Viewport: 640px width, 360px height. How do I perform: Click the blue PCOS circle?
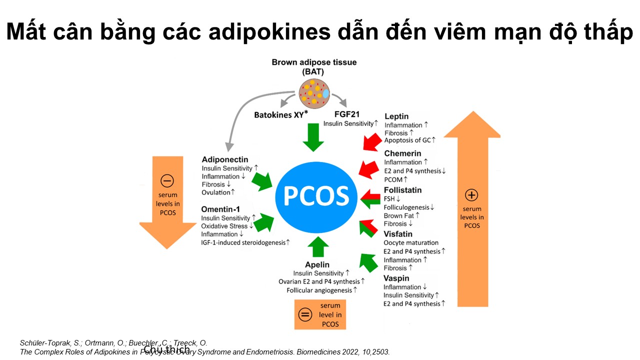click(x=316, y=195)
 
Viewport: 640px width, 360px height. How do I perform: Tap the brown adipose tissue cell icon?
click(x=314, y=93)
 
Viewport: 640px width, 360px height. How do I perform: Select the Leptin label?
click(x=396, y=116)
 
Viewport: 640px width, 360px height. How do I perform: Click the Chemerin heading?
click(x=402, y=153)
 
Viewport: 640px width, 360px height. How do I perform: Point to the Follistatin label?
click(x=402, y=190)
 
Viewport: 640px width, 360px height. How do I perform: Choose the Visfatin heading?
click(x=398, y=234)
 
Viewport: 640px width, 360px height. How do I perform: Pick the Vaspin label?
click(x=396, y=278)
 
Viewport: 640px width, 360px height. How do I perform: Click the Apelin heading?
click(x=317, y=264)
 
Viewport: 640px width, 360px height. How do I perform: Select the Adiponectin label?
click(x=225, y=159)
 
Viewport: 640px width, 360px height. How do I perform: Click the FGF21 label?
click(x=347, y=114)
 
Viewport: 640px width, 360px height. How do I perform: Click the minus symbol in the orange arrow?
click(x=167, y=180)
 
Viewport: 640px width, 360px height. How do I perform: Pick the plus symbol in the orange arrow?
click(x=471, y=195)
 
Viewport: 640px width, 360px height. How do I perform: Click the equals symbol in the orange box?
click(x=305, y=314)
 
